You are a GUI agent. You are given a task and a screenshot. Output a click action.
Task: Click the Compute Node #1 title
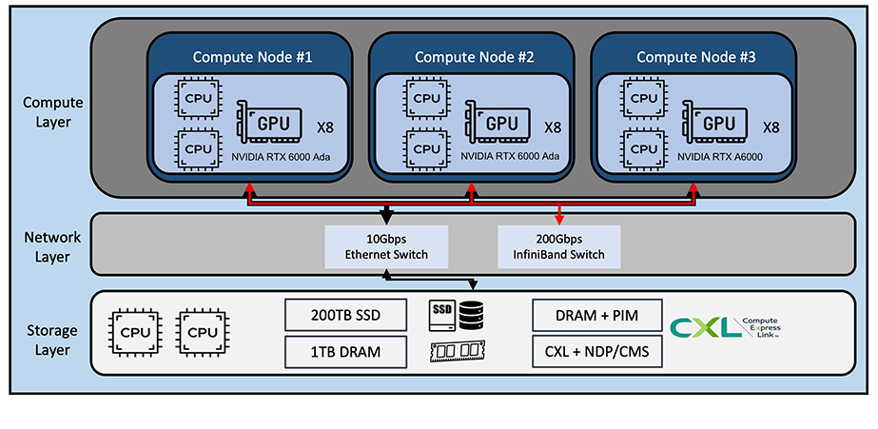click(253, 57)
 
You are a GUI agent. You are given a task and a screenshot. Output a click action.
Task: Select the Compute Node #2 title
click(475, 57)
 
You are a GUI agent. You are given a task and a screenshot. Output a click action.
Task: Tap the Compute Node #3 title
click(696, 57)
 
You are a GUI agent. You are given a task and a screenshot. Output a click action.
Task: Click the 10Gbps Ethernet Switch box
click(385, 246)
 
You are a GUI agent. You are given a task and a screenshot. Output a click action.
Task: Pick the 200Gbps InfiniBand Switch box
click(559, 246)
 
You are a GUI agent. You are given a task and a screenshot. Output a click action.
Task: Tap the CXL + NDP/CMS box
click(596, 352)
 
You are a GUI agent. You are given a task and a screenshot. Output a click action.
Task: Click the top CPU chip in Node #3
click(645, 98)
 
